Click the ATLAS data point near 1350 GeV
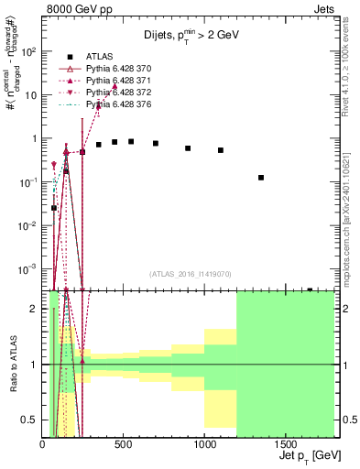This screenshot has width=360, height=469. point(261,178)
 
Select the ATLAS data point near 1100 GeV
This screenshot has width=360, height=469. point(221,150)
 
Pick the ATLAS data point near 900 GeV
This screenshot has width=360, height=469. point(188,147)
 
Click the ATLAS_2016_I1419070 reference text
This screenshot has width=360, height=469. point(190,274)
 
